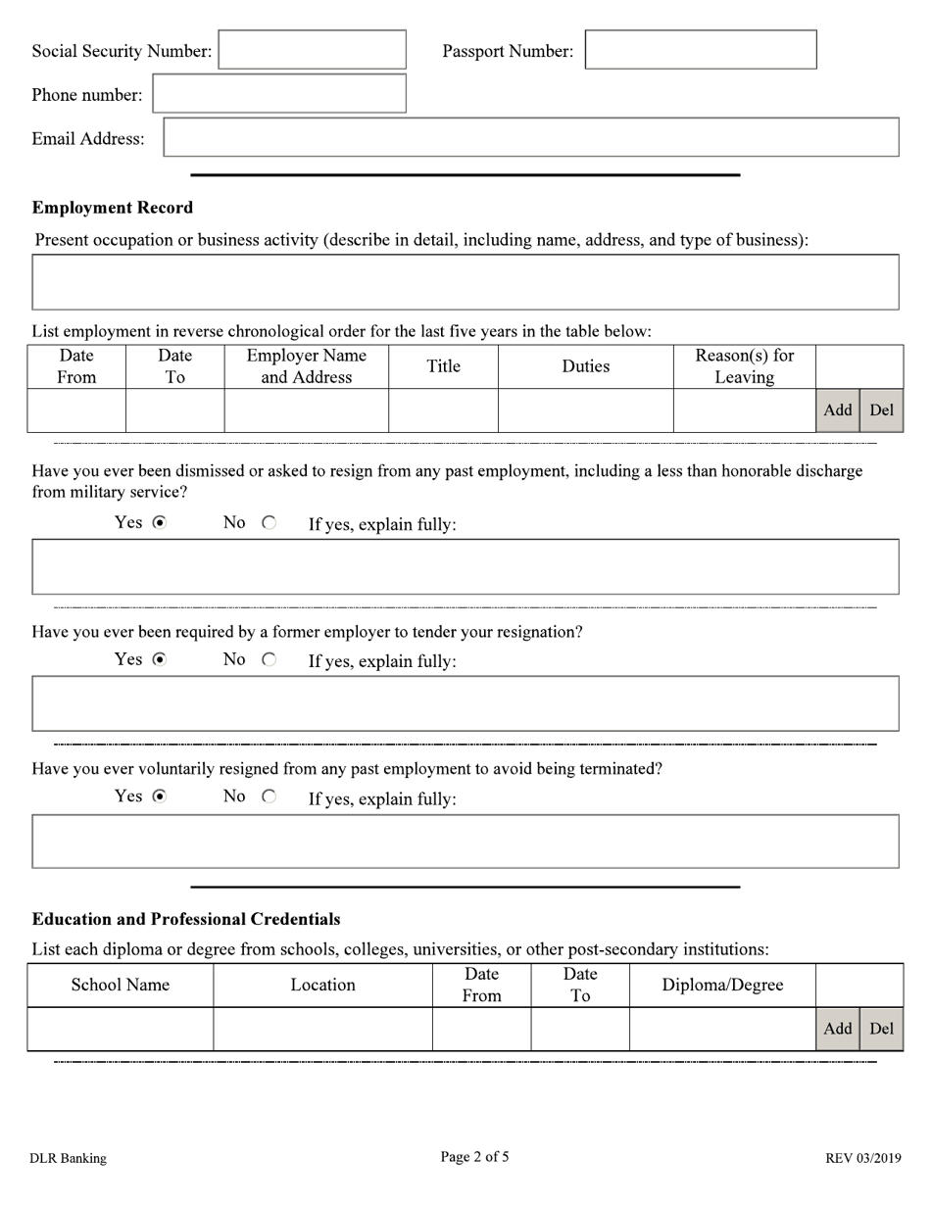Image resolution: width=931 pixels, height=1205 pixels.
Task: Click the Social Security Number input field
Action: pyautogui.click(x=312, y=50)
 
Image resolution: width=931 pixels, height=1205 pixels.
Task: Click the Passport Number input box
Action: pyautogui.click(x=700, y=50)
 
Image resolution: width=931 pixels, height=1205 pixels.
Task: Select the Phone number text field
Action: pyautogui.click(x=279, y=94)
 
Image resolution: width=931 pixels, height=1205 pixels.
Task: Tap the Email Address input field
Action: pyautogui.click(x=530, y=138)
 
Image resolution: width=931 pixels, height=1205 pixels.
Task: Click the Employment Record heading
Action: pyautogui.click(x=113, y=208)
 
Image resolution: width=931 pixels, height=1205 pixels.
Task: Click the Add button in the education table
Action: pyautogui.click(x=837, y=1029)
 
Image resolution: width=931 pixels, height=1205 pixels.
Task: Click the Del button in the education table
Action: pyautogui.click(x=881, y=1029)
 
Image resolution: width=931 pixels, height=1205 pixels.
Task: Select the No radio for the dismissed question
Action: pyautogui.click(x=269, y=524)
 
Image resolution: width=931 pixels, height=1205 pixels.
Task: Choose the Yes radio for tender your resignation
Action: pyautogui.click(x=160, y=660)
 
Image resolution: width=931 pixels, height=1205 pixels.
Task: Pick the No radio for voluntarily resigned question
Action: pyautogui.click(x=269, y=797)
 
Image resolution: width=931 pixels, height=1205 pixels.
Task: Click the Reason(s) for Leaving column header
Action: pyautogui.click(x=744, y=366)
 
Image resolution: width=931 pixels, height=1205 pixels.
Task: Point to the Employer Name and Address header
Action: pyautogui.click(x=306, y=366)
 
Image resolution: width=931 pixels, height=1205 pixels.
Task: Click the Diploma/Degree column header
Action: pyautogui.click(x=722, y=986)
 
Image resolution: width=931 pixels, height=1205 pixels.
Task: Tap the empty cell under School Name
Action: pyautogui.click(x=120, y=1029)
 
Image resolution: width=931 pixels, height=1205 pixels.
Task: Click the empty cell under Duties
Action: pyautogui.click(x=585, y=410)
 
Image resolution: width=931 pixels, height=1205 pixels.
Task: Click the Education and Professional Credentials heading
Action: pyautogui.click(x=186, y=919)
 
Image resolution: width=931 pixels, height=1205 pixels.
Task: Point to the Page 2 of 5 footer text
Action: pyautogui.click(x=474, y=1157)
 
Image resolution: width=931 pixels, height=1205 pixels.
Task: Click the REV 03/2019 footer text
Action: pyautogui.click(x=862, y=1159)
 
